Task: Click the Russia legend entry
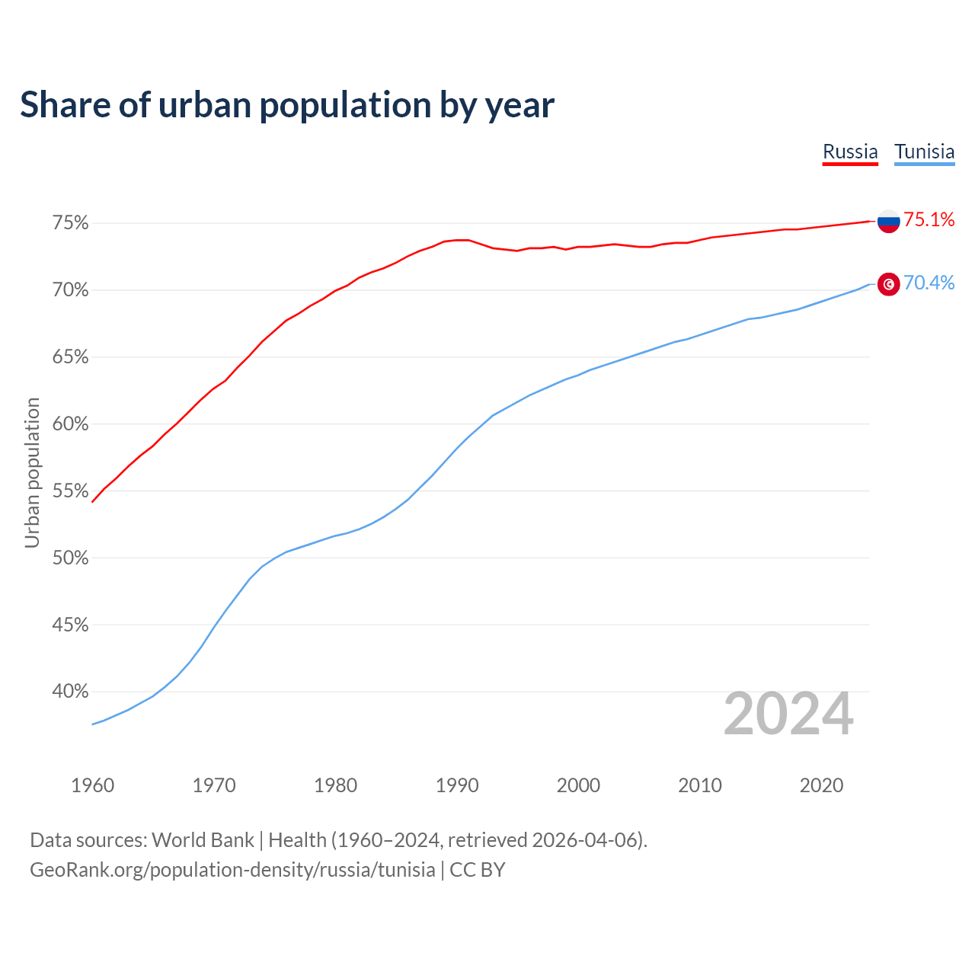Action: coord(850,152)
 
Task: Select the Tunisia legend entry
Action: coord(924,152)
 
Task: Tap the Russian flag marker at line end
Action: coord(888,221)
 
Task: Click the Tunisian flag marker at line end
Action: coord(888,284)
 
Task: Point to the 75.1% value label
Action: coord(929,220)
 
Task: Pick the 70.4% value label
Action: coord(929,283)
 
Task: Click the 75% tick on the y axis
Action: coord(70,223)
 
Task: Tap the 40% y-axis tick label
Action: coord(70,692)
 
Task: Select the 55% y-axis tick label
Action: coord(70,491)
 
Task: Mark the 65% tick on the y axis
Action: coord(70,357)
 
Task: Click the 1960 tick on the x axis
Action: coord(92,785)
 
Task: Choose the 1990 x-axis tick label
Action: coord(457,785)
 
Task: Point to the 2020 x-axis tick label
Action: coord(821,785)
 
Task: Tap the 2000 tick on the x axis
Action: coord(578,785)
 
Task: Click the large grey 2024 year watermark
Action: coord(788,714)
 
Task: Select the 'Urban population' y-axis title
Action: coord(32,472)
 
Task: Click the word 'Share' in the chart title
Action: coord(64,105)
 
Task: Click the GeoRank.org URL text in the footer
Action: coord(232,870)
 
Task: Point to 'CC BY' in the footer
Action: coord(478,870)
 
